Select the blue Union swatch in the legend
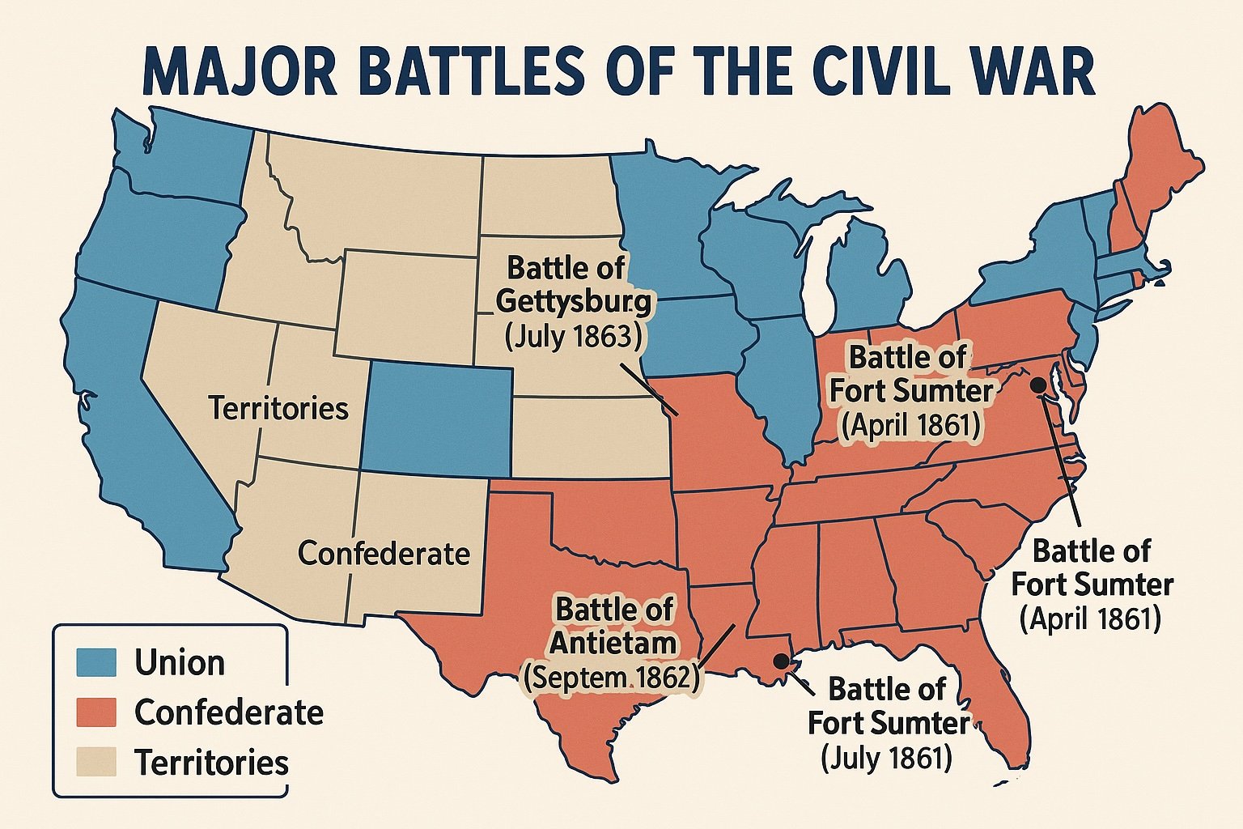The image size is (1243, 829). pyautogui.click(x=96, y=662)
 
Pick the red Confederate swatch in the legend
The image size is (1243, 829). pyautogui.click(x=96, y=712)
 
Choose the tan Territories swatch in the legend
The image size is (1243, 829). pyautogui.click(x=96, y=762)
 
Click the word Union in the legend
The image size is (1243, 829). pyautogui.click(x=180, y=662)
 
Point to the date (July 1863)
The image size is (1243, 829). pyautogui.click(x=572, y=335)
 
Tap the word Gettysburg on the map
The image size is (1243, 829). pyautogui.click(x=572, y=301)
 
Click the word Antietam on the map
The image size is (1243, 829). pyautogui.click(x=613, y=643)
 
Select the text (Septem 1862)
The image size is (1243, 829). pyautogui.click(x=611, y=677)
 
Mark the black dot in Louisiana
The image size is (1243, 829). pyautogui.click(x=781, y=661)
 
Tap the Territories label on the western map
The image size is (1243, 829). pyautogui.click(x=278, y=408)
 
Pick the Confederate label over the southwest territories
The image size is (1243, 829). pyautogui.click(x=384, y=553)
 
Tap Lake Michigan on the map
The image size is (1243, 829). pyautogui.click(x=819, y=275)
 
